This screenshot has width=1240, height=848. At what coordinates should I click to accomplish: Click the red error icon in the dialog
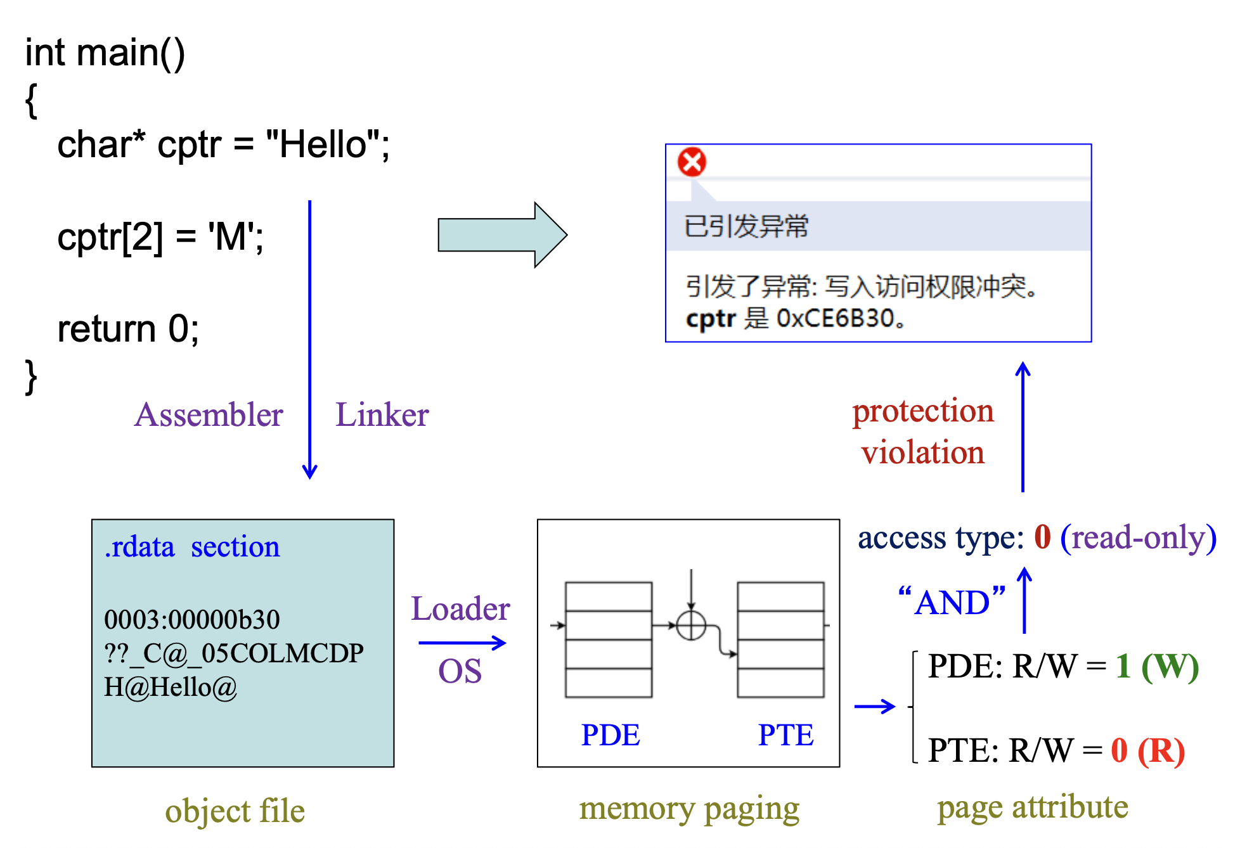692,162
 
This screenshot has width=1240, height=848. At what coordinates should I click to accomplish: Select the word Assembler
209,415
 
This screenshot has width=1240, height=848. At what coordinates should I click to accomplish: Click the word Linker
382,415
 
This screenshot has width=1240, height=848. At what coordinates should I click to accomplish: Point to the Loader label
460,609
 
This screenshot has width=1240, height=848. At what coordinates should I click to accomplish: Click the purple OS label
460,671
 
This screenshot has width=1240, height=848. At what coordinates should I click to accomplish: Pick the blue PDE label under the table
610,735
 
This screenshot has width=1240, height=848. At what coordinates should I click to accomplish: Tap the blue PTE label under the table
785,735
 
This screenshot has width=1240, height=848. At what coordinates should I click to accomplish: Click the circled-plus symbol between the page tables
691,626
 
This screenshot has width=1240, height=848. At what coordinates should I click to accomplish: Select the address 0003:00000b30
191,619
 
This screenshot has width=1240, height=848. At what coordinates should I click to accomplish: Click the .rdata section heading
192,547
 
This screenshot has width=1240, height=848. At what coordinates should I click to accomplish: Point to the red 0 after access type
1042,537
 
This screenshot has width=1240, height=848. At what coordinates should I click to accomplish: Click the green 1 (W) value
1157,666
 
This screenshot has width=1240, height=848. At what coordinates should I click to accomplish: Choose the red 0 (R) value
1147,750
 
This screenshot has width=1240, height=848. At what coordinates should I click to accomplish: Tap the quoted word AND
952,602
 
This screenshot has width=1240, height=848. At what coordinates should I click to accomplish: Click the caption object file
235,811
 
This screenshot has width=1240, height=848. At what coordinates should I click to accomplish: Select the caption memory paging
689,809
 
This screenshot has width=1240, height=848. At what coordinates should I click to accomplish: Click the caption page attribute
1033,807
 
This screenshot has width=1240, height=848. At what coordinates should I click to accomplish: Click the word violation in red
923,453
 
